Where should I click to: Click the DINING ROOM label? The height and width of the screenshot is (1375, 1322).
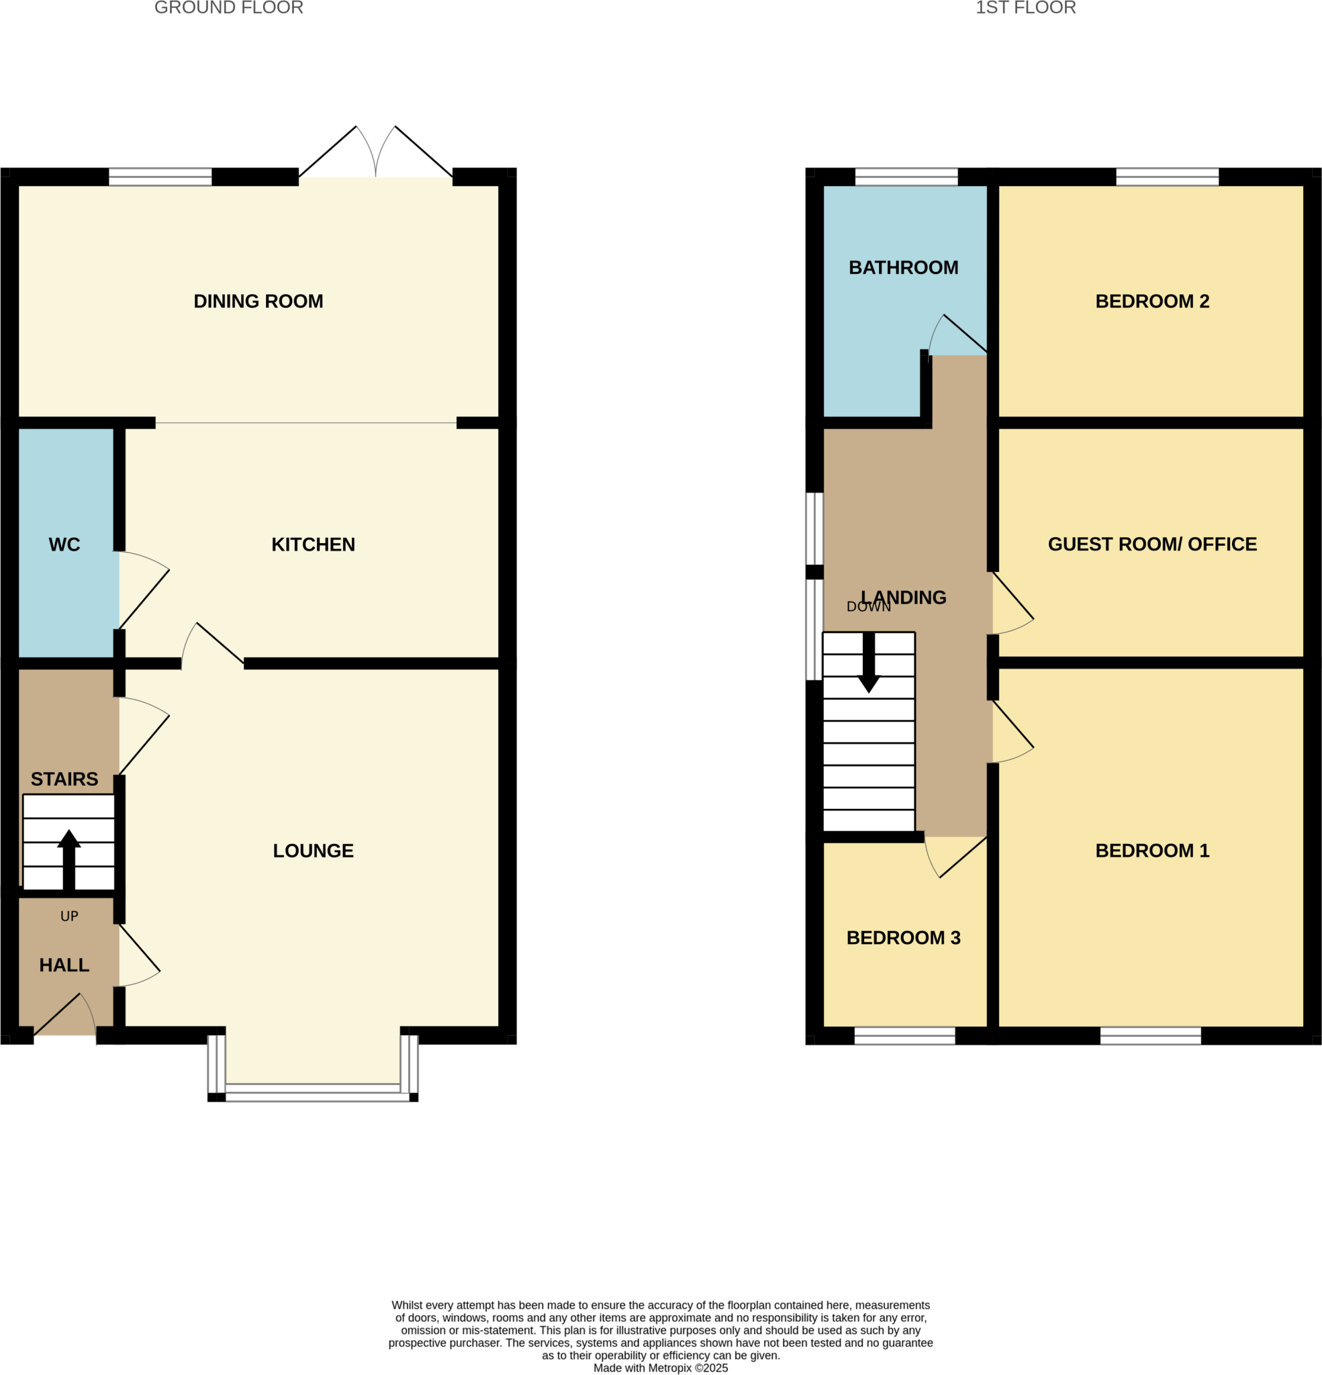click(x=258, y=301)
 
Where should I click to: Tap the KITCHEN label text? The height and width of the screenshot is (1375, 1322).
click(x=313, y=544)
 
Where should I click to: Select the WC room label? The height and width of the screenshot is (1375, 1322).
click(x=64, y=544)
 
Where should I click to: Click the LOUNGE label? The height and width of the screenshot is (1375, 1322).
click(x=313, y=850)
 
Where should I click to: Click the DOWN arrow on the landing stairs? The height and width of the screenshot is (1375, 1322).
click(x=869, y=663)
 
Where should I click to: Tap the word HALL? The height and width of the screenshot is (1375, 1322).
click(x=64, y=965)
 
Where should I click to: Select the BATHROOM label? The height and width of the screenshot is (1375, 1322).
click(x=903, y=267)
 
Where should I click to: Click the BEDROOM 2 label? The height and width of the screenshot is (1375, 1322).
click(x=1152, y=301)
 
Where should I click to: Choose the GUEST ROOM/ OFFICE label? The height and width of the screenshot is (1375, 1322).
click(x=1152, y=544)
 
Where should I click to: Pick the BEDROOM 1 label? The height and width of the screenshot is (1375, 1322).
click(x=1152, y=850)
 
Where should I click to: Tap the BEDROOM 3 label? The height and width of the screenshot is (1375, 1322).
click(x=903, y=937)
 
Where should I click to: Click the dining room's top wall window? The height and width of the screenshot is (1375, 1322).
click(x=160, y=177)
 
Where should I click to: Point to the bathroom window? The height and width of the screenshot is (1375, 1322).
click(x=906, y=177)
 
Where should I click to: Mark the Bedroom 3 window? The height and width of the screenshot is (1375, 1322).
click(x=904, y=1035)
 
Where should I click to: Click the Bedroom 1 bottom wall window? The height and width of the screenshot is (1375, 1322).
click(x=1150, y=1035)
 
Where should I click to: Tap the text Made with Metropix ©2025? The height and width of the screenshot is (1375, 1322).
click(x=660, y=1368)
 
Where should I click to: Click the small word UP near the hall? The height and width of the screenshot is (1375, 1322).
click(x=69, y=916)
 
